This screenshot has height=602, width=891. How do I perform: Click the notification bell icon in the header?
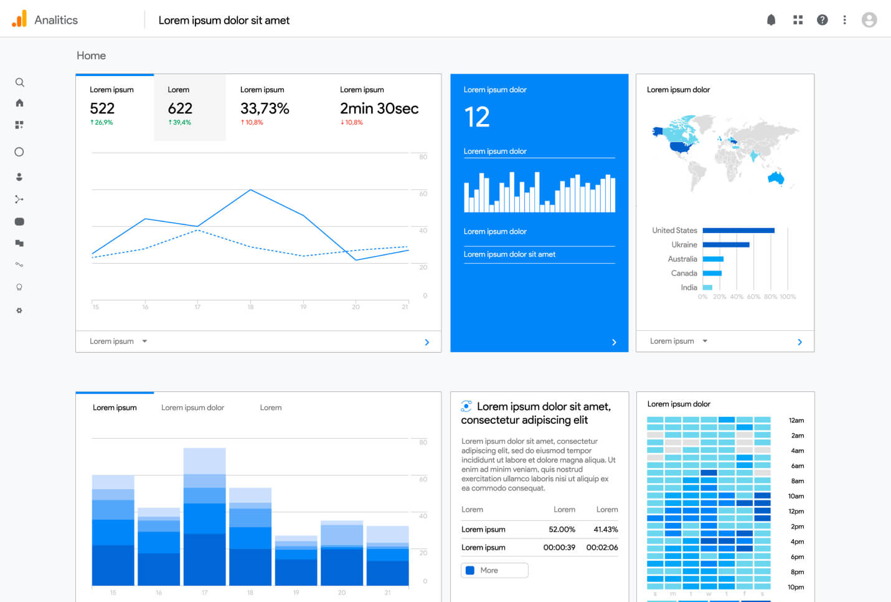(x=771, y=20)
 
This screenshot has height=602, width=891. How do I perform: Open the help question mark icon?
(x=822, y=20)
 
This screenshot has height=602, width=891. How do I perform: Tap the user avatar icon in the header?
(x=869, y=20)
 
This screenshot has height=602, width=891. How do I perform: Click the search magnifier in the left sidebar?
(x=19, y=82)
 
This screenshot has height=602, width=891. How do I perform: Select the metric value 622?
(x=180, y=108)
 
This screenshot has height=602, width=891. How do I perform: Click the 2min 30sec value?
(x=379, y=108)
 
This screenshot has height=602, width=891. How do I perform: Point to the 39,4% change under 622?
(x=180, y=123)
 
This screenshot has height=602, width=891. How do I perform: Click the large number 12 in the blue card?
(x=477, y=117)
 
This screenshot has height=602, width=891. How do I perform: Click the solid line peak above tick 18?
(x=250, y=190)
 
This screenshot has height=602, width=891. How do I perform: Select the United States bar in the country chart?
(x=738, y=231)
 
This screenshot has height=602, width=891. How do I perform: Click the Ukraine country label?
(x=684, y=245)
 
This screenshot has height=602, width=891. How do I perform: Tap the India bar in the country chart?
(x=707, y=287)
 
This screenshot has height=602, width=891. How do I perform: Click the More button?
(x=494, y=570)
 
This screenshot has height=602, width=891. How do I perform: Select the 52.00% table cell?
(x=562, y=529)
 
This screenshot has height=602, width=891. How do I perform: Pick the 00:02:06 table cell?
(x=601, y=547)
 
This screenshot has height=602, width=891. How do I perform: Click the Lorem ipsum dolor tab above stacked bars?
(x=192, y=408)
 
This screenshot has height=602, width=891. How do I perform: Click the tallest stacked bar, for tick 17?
(x=204, y=517)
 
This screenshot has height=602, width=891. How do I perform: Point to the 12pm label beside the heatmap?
(x=796, y=512)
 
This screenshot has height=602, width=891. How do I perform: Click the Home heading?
(x=91, y=55)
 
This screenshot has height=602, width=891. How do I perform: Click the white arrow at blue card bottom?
(x=614, y=342)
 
